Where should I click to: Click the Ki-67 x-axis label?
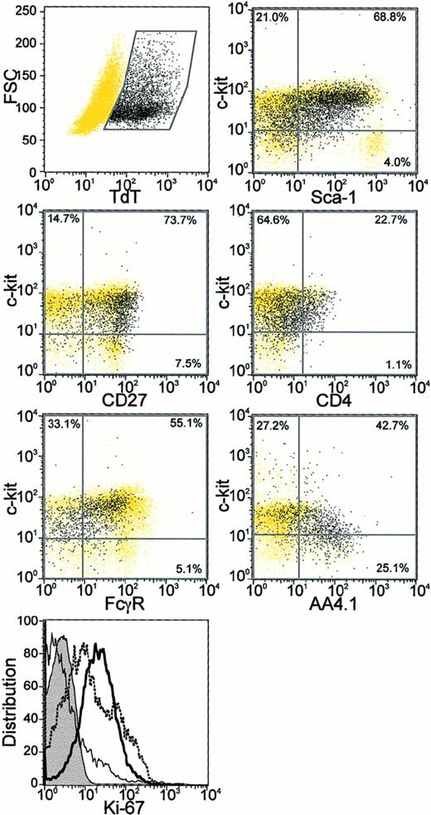124,805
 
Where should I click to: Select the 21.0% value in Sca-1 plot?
271,17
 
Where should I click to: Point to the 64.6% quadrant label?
271,221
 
